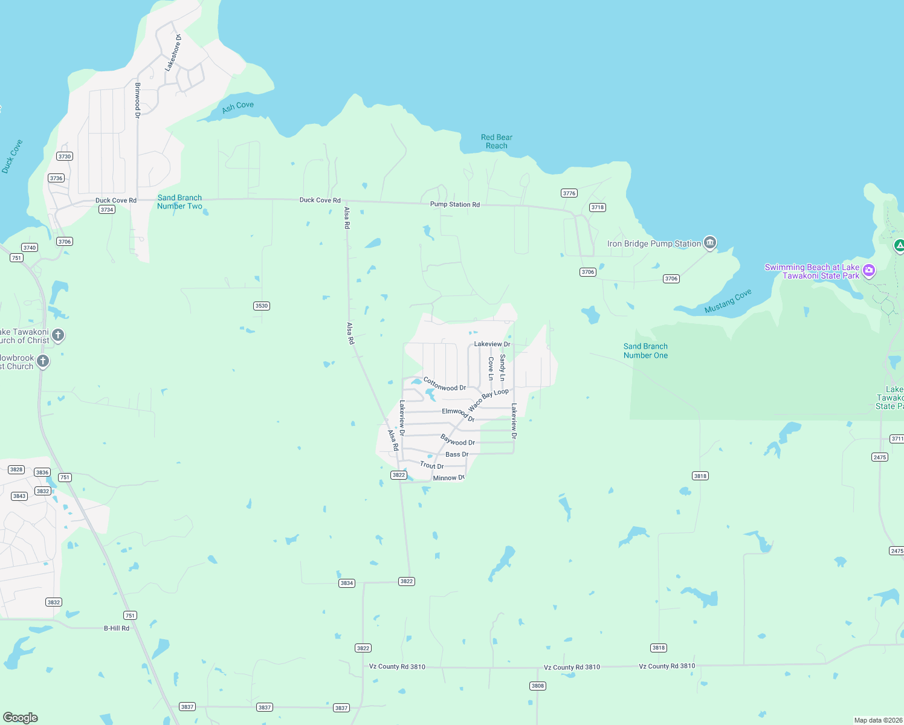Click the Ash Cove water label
point(237,107)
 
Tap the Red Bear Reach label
point(496,141)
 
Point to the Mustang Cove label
point(728,301)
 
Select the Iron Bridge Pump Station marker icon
point(710,243)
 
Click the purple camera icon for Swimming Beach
point(869,270)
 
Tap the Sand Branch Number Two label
point(179,202)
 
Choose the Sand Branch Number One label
point(645,351)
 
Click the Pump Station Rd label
point(454,204)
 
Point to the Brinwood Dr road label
point(137,100)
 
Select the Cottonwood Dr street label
point(445,384)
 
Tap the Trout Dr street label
point(431,465)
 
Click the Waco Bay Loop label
point(488,400)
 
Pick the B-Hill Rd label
point(116,628)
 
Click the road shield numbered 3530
point(261,306)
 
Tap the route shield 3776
point(569,193)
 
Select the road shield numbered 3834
point(346,583)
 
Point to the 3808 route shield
point(537,686)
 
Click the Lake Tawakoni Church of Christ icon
point(58,335)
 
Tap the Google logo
point(21,718)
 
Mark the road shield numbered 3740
point(29,248)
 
